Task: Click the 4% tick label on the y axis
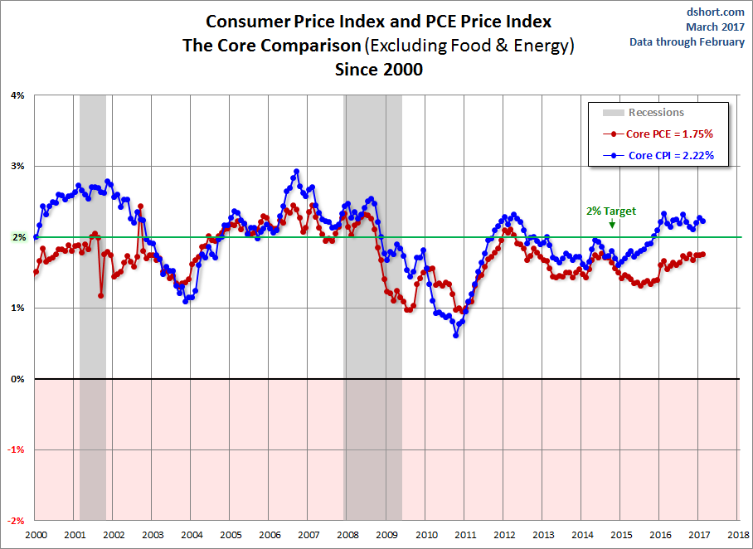[x=17, y=95]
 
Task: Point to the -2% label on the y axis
[x=16, y=521]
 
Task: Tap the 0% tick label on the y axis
[x=17, y=379]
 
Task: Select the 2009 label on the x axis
[x=386, y=535]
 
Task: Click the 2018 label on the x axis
[x=738, y=535]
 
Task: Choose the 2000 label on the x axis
[x=35, y=535]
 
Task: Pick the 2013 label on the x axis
[x=542, y=535]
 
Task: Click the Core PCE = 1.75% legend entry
[x=668, y=134]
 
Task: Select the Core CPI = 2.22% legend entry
[x=668, y=155]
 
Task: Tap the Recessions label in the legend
[x=656, y=113]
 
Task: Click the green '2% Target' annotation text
[x=611, y=211]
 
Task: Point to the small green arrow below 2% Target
[x=612, y=223]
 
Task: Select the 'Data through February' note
[x=687, y=42]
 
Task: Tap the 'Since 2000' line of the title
[x=378, y=70]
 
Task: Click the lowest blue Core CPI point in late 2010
[x=456, y=335]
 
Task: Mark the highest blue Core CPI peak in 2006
[x=296, y=172]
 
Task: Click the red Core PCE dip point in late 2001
[x=101, y=294]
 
